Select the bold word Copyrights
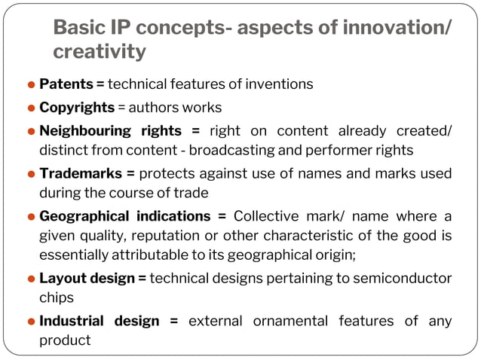[x=77, y=107]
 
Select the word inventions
[x=283, y=84]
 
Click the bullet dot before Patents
[x=32, y=84]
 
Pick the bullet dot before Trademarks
[x=32, y=175]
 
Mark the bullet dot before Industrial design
[x=32, y=322]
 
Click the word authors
[x=152, y=107]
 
